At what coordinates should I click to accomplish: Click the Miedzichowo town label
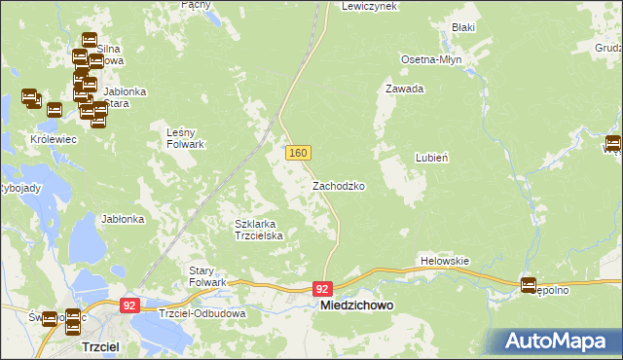point(357,306)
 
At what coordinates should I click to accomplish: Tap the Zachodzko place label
point(339,185)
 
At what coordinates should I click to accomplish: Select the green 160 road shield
point(298,154)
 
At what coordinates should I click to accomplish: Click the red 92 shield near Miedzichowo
point(324,289)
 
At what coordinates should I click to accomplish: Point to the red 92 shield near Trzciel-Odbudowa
point(129,306)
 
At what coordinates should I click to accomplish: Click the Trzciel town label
point(100,345)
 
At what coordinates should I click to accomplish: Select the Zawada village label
point(405,89)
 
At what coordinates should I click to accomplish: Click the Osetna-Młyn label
point(431,59)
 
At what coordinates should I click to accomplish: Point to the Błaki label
point(462,28)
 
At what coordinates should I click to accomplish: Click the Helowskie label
point(445,261)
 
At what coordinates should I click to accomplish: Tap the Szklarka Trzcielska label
point(259,230)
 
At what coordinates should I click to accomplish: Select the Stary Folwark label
point(207,275)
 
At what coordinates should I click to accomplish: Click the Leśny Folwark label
point(185,138)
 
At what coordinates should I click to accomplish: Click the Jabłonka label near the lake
point(123,219)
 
